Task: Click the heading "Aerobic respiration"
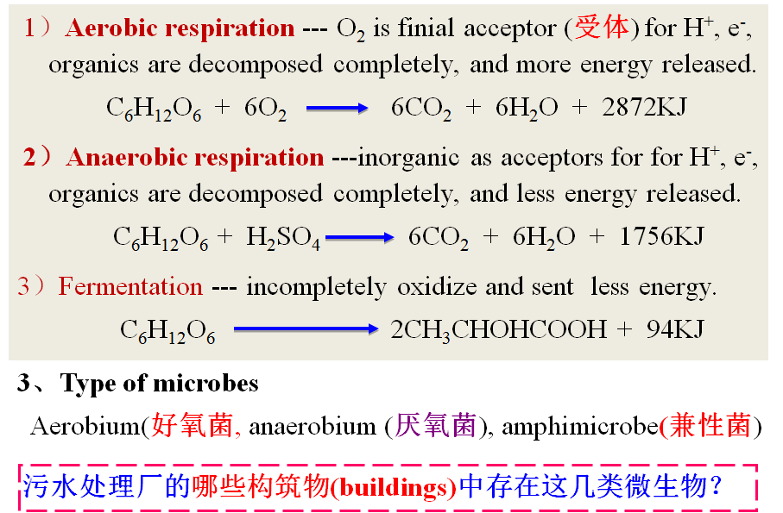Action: pyautogui.click(x=180, y=28)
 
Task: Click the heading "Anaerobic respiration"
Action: pyautogui.click(x=195, y=158)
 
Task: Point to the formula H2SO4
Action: pyautogui.click(x=283, y=237)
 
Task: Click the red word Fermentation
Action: pyautogui.click(x=130, y=286)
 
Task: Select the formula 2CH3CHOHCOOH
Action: pyautogui.click(x=499, y=328)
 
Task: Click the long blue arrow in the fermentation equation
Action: pyautogui.click(x=306, y=328)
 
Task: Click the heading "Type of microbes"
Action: pyautogui.click(x=160, y=383)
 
